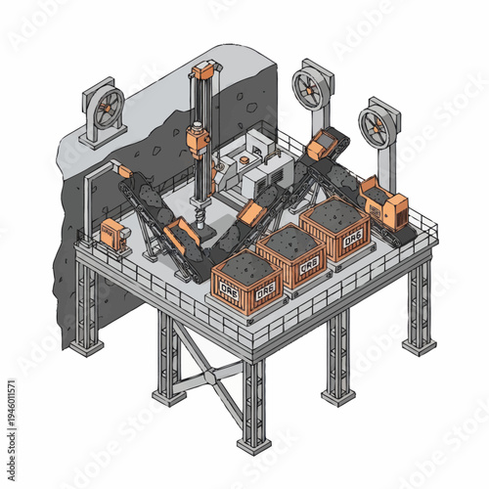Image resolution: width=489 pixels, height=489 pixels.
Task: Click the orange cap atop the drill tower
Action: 202,70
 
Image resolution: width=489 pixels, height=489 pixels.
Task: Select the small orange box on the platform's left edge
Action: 113,233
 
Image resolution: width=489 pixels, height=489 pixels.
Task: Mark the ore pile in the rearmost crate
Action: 333,209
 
